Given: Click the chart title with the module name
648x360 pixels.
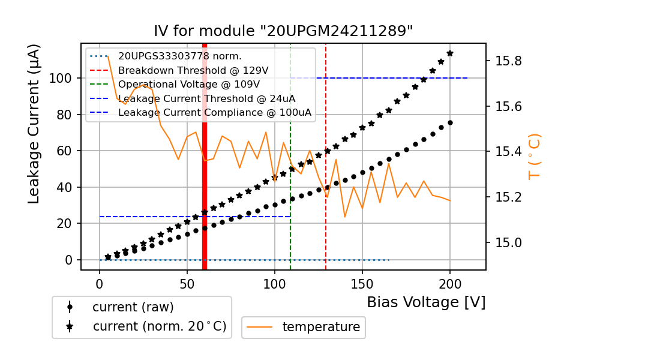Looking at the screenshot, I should pos(283,31).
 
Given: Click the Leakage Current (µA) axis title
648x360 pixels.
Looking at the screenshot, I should pos(34,124).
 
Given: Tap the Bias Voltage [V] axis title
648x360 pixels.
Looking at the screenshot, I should pos(426,302).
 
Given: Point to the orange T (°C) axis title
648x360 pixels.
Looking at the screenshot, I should pos(534,157).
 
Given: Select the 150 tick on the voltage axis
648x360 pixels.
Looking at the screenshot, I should pos(362,281).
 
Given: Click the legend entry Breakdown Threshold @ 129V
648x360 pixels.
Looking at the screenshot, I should pos(193,70).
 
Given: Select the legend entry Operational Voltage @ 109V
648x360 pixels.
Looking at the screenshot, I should pos(188,84).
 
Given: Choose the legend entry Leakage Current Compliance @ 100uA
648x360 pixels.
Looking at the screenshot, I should pos(214,112).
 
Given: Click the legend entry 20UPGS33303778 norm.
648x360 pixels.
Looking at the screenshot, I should pos(179,56).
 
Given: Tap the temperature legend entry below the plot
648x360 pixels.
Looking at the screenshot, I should pos(321,327).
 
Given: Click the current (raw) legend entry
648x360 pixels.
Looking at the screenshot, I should pos(133,307).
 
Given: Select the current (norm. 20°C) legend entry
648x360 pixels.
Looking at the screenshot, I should pos(159,326).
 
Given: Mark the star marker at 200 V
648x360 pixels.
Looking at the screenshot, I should pos(450,53).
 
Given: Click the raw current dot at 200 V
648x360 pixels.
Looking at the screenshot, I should pos(450,122).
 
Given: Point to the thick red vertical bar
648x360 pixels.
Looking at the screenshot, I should pos(205,180).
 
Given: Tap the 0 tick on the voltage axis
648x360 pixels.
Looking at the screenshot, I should pos(100,281).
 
